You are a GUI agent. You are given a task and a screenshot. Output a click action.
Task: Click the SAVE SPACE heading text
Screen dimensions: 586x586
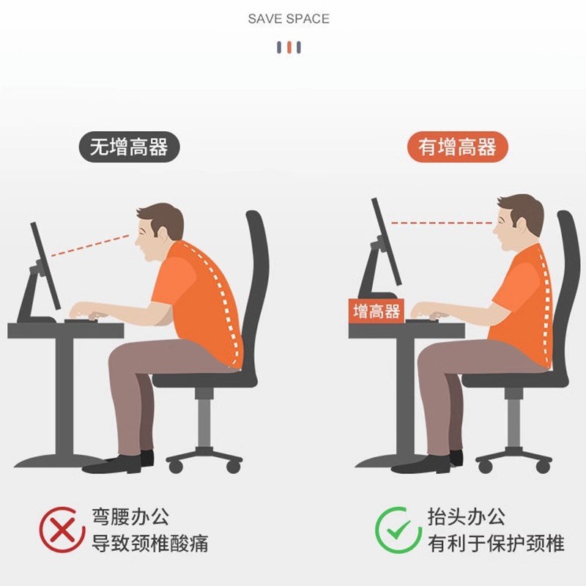(289, 18)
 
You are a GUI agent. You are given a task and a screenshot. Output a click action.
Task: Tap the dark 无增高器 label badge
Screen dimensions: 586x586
(128, 147)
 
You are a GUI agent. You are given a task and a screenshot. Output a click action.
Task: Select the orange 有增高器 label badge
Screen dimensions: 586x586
(457, 147)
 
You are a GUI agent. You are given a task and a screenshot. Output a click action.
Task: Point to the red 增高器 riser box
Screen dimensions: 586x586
(377, 311)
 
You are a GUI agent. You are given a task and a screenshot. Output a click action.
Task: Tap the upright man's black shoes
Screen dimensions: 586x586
(429, 463)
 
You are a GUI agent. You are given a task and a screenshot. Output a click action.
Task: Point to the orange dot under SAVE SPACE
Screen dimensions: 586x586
(289, 48)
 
